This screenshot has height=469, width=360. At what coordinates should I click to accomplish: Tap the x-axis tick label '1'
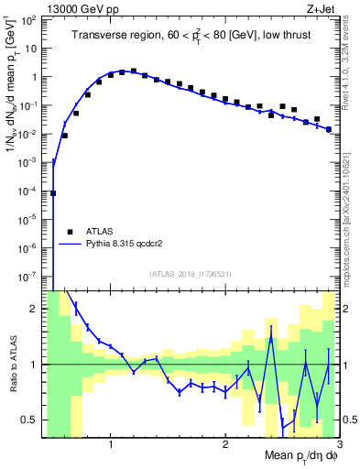tap(111, 444)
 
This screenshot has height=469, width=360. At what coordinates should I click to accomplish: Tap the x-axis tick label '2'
tap(224, 444)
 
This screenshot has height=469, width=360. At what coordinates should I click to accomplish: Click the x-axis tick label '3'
tap(337, 444)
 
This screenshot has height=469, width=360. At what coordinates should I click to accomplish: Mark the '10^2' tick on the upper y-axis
tap(29, 20)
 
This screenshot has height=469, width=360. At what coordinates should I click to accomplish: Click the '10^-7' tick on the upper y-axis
tap(29, 276)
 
